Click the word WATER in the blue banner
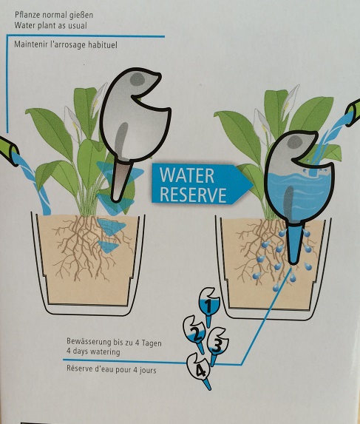tap(187, 176)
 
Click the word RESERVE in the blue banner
tap(193, 194)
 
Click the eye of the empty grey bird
tap(137, 79)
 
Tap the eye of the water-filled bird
tap(295, 142)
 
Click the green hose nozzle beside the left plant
tap(8, 148)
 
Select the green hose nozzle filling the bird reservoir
tap(353, 112)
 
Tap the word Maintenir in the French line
tap(31, 44)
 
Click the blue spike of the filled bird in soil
tap(293, 245)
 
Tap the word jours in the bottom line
tap(148, 370)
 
